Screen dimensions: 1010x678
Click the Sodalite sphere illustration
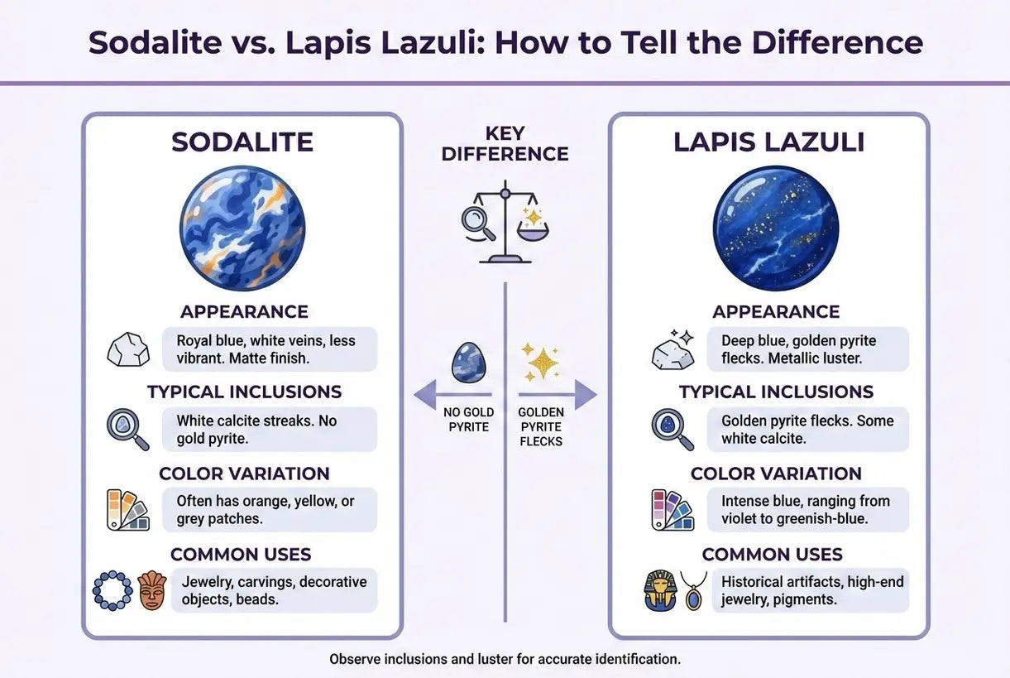(242, 228)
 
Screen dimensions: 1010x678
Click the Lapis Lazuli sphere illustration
(776, 228)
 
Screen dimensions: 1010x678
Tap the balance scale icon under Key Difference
(505, 222)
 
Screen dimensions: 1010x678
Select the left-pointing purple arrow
(452, 395)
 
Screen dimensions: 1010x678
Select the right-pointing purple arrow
(558, 395)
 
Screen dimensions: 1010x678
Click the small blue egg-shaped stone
(468, 363)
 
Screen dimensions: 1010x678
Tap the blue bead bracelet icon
(112, 590)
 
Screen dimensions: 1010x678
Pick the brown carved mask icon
(152, 590)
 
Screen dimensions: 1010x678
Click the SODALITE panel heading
(242, 142)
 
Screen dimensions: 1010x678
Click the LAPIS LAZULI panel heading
(768, 142)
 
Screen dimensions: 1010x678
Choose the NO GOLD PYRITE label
(468, 420)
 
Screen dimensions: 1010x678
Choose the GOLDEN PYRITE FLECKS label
(541, 426)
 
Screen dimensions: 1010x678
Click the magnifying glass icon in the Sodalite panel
(128, 430)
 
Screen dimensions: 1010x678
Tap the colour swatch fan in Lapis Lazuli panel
(673, 510)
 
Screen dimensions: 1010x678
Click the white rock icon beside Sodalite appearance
(128, 349)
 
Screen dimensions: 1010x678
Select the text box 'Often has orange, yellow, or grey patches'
(270, 510)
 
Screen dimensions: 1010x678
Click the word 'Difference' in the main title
(837, 42)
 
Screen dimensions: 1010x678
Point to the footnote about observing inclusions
(505, 659)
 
